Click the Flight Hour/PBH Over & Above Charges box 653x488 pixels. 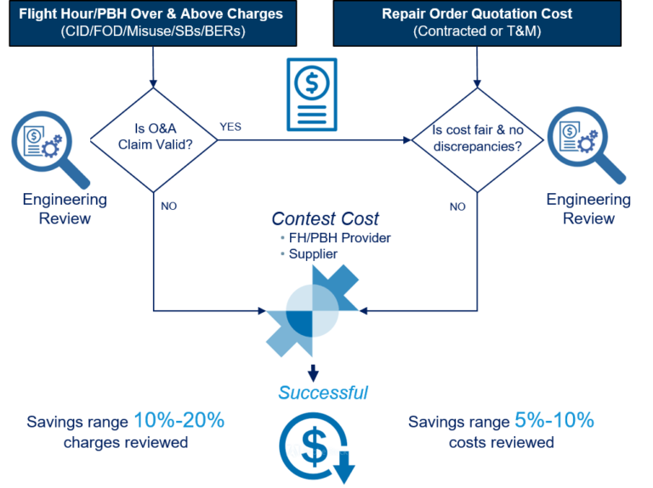pos(152,23)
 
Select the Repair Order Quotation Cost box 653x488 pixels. pos(476,23)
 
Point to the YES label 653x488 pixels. pos(230,127)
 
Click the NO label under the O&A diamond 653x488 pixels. pos(168,206)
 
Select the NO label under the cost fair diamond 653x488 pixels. pos(457,206)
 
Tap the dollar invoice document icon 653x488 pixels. pos(311,94)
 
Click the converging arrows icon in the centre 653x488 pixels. pos(312,309)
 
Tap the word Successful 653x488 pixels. pos(323,392)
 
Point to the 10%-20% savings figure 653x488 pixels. pos(179,421)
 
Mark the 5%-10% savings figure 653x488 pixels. pos(554,421)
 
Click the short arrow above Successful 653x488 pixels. pos(313,372)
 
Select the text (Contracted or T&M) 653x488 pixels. pos(476,31)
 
